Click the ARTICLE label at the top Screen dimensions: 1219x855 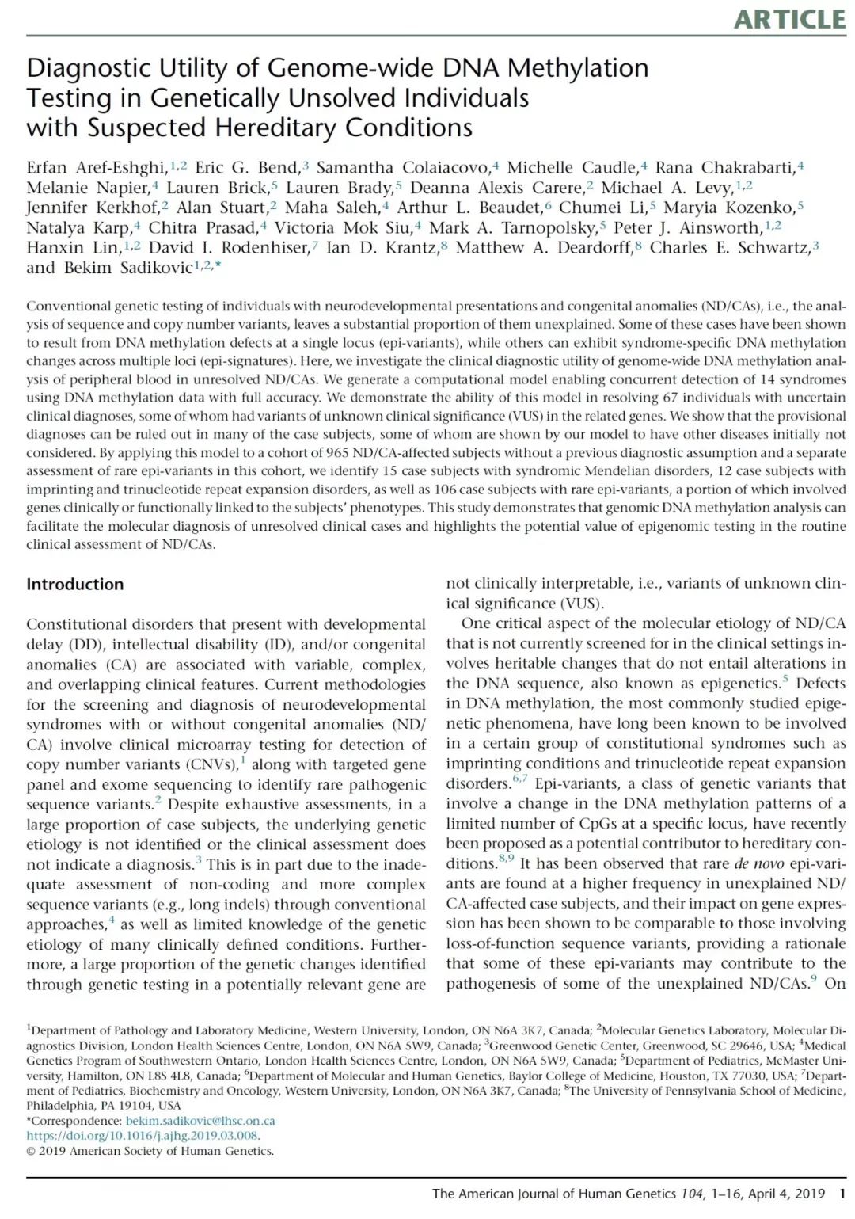click(x=789, y=19)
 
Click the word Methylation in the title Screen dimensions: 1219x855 click(x=578, y=68)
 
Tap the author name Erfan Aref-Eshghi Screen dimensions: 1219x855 click(x=97, y=167)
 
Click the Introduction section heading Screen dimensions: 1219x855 click(x=75, y=585)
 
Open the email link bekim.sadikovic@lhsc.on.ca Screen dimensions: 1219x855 click(x=200, y=1121)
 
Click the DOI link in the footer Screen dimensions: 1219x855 click(x=142, y=1136)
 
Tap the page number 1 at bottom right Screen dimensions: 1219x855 click(x=842, y=1194)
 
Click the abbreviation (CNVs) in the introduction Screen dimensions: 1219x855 click(x=211, y=765)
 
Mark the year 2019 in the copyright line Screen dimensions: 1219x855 click(x=52, y=1151)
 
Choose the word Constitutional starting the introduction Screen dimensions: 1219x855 click(x=77, y=625)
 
